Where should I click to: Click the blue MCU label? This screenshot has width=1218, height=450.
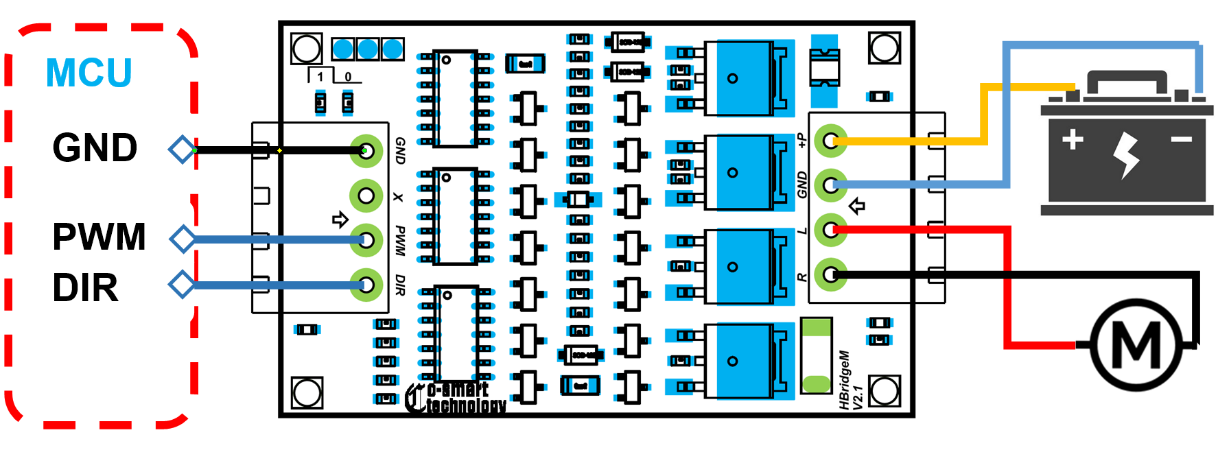tap(89, 73)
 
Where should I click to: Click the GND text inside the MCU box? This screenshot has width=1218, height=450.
tap(95, 147)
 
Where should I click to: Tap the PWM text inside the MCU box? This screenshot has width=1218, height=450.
tap(99, 237)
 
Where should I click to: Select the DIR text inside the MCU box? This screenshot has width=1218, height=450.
tap(85, 288)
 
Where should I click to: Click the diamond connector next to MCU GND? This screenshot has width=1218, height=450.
tap(183, 150)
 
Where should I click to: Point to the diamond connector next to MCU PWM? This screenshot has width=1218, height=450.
tap(183, 239)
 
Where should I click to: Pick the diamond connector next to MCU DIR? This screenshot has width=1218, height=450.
tap(183, 284)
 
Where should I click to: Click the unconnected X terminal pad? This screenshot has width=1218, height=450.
tap(366, 196)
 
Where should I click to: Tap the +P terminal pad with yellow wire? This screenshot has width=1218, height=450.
tap(830, 141)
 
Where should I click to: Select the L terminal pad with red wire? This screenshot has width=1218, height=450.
tap(830, 229)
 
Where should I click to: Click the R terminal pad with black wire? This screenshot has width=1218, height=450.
tap(830, 274)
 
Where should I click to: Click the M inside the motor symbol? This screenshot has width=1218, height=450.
tap(1136, 345)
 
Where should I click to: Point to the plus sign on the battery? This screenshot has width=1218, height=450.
tap(1073, 139)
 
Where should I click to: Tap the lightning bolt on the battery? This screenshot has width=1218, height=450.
tap(1126, 155)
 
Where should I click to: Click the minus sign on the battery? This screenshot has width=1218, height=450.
tap(1182, 140)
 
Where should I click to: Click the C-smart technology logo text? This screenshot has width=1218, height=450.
tap(456, 398)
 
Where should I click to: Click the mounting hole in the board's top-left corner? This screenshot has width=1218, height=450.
tap(306, 49)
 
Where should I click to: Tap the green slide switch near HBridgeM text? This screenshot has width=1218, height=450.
tap(816, 355)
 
